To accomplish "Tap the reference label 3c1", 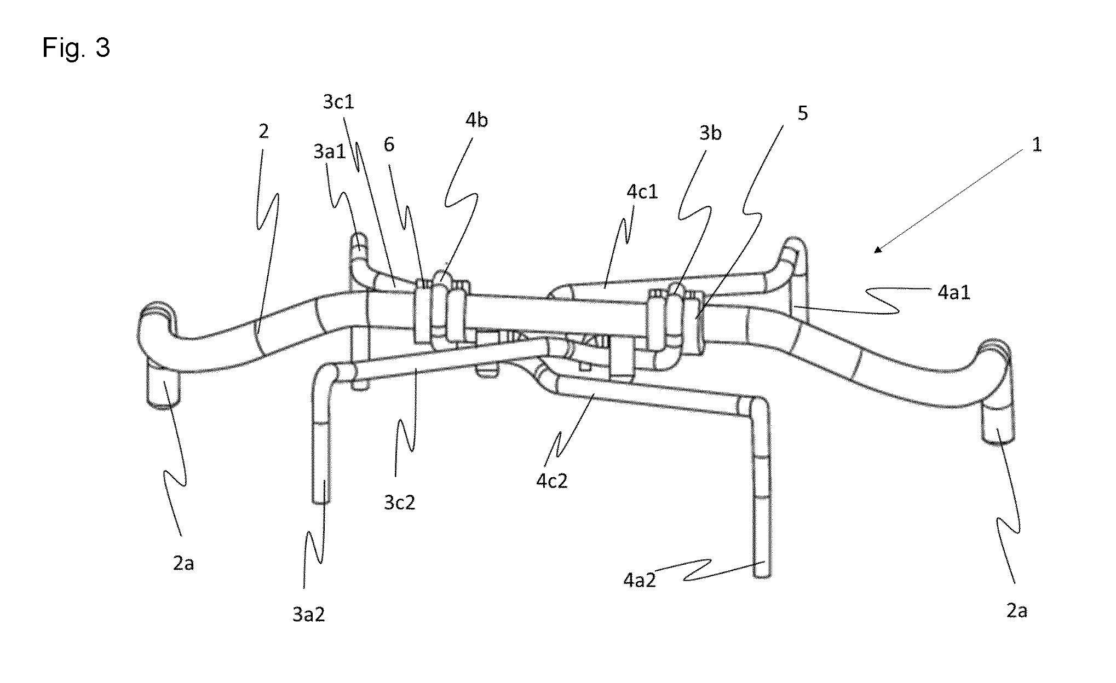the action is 339,102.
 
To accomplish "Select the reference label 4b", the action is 476,120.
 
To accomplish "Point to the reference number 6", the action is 389,145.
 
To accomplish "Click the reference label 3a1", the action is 330,152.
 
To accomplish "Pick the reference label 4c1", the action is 642,192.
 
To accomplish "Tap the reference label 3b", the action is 710,132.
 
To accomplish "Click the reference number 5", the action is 803,113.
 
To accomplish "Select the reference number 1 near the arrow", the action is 1037,145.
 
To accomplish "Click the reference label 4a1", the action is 954,292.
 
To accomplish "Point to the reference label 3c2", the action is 399,502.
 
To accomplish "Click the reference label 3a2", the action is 308,615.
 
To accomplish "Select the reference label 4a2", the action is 639,580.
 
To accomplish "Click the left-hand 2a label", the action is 183,563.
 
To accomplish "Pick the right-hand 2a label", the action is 1016,610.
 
